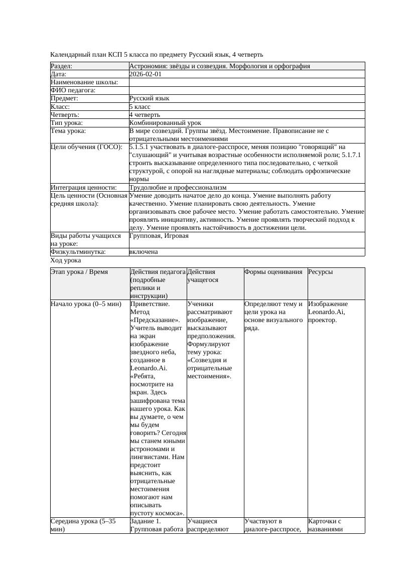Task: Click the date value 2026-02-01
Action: [x=145, y=74]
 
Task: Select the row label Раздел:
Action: [x=62, y=66]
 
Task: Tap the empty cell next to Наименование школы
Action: [x=246, y=82]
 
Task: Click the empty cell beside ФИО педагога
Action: [x=246, y=90]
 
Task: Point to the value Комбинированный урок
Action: [x=165, y=122]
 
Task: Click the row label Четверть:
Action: [x=65, y=114]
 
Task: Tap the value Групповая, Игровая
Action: [x=159, y=236]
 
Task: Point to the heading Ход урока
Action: [x=66, y=260]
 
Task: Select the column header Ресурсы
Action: [x=321, y=272]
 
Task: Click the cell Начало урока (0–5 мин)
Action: [x=86, y=304]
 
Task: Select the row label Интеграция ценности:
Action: [x=83, y=188]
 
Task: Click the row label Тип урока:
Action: [x=66, y=122]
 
